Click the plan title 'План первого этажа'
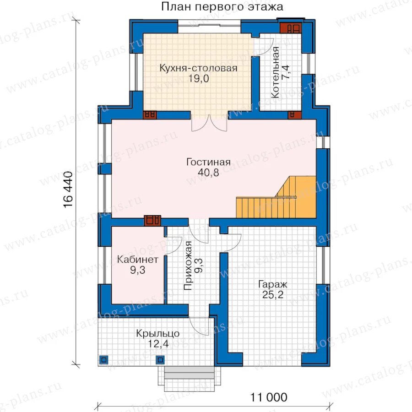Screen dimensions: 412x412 point(222,6)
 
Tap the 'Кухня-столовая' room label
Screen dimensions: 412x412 point(198,68)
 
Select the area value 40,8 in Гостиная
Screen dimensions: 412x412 point(208,173)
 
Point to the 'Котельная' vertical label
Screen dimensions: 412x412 point(275,72)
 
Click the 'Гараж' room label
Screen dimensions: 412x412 point(273,284)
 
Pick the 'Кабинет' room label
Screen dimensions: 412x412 point(137,260)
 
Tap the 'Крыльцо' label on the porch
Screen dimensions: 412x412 point(157,333)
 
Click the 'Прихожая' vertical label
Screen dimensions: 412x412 point(188,266)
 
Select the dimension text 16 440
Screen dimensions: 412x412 point(68,190)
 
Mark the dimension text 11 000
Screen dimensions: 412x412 point(269,397)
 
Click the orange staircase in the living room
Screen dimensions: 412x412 point(276,197)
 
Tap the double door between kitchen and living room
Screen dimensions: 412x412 point(209,123)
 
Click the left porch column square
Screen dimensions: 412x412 point(103,360)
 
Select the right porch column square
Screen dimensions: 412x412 point(160,360)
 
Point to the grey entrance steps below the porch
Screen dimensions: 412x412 point(189,373)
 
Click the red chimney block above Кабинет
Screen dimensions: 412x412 point(152,221)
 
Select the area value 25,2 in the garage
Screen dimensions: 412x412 point(273,295)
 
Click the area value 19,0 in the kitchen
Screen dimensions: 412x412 point(199,78)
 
